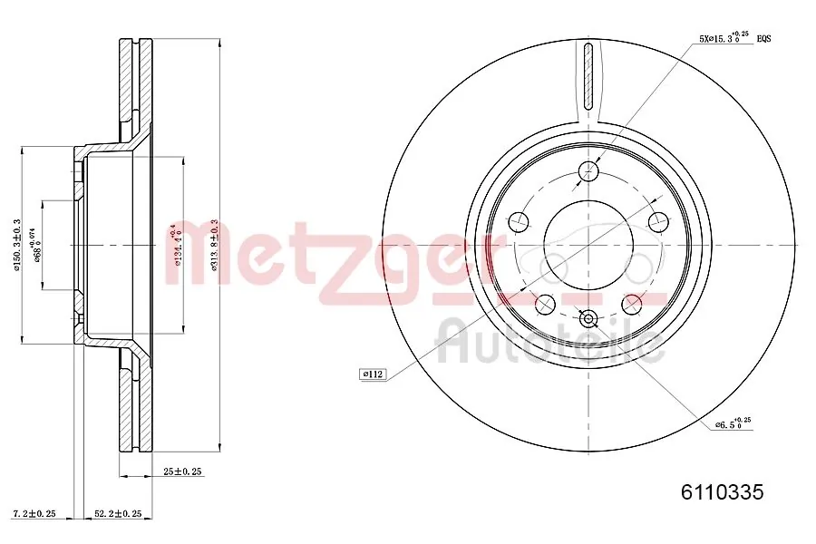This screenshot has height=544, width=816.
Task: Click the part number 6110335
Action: tap(723, 492)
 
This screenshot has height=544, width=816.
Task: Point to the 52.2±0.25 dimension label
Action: tap(118, 514)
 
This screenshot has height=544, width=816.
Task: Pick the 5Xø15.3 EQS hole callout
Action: tap(734, 38)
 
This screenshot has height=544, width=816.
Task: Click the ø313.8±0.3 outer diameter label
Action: tap(214, 245)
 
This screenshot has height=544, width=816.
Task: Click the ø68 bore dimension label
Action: tap(37, 245)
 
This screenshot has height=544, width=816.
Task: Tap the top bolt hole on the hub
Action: tap(589, 170)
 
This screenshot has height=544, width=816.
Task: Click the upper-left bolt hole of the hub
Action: tap(520, 220)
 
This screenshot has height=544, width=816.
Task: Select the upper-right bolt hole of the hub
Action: tap(658, 220)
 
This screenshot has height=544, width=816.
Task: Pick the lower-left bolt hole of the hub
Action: tap(546, 303)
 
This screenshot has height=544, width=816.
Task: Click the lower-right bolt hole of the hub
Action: tap(632, 303)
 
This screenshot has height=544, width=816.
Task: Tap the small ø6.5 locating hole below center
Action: tap(588, 317)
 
